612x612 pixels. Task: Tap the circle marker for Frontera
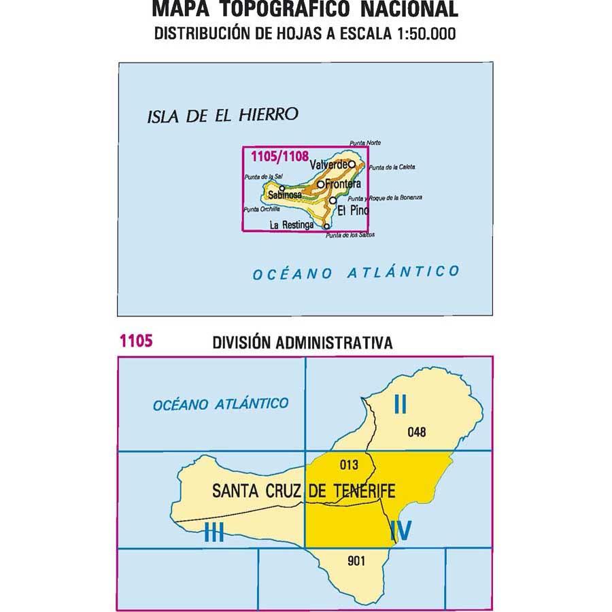click(x=320, y=184)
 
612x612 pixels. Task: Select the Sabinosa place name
click(x=284, y=195)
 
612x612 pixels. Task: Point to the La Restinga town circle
click(x=326, y=226)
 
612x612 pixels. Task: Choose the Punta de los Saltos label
click(x=350, y=235)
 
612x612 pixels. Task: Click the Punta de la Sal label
click(x=260, y=177)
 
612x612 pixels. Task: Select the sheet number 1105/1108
click(x=275, y=155)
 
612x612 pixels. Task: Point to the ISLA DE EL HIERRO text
click(x=222, y=116)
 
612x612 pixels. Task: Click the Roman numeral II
click(x=400, y=405)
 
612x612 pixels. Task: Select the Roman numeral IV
click(x=400, y=530)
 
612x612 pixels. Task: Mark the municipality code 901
click(x=356, y=561)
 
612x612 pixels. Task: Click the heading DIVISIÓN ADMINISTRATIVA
click(x=303, y=343)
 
